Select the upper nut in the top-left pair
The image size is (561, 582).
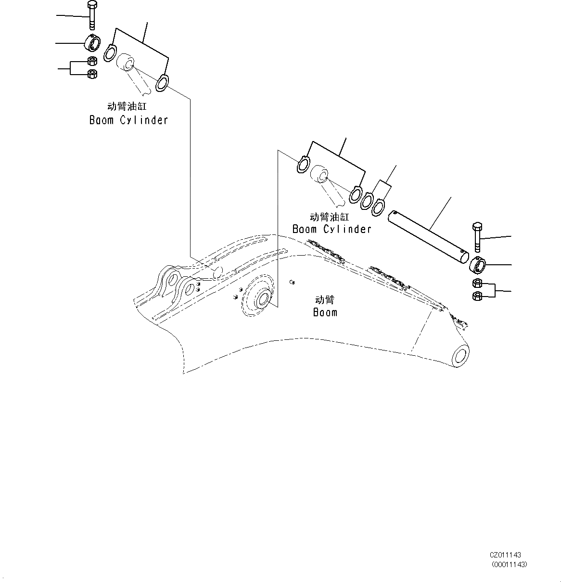pos(92,61)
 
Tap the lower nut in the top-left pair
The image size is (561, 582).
pos(92,74)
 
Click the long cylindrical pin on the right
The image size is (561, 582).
pos(429,235)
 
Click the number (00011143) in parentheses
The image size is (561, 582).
pos(509,565)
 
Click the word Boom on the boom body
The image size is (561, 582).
pos(325,312)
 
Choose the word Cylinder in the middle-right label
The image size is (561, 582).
pos(347,229)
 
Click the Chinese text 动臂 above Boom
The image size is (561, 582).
pos(324,299)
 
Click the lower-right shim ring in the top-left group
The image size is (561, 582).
pos(162,83)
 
